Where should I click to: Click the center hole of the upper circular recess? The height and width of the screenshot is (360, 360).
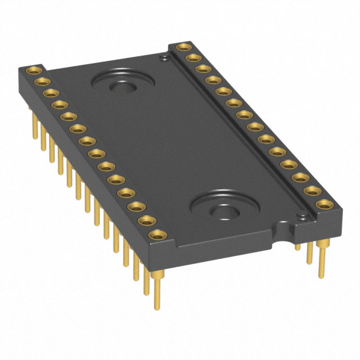coord(120,87)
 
